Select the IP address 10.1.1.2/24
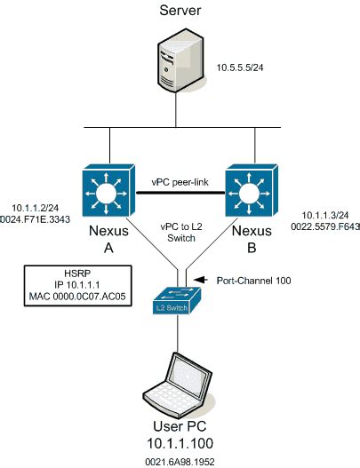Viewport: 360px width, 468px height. [33, 203]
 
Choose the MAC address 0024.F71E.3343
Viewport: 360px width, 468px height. [38, 214]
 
